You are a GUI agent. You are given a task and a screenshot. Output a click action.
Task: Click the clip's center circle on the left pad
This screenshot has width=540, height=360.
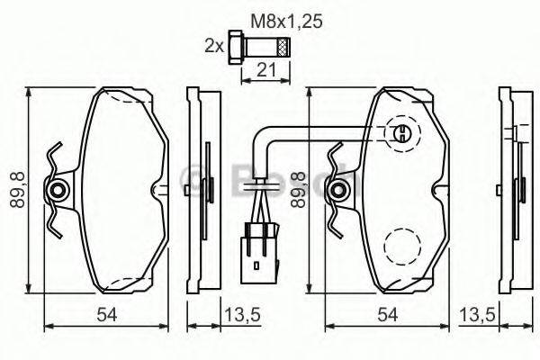58,190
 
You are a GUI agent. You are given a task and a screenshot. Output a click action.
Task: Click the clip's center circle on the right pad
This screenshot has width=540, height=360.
339,190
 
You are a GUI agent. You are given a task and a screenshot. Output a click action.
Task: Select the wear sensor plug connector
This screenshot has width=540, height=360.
260,247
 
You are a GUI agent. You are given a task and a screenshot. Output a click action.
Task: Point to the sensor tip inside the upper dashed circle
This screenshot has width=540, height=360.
402,135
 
